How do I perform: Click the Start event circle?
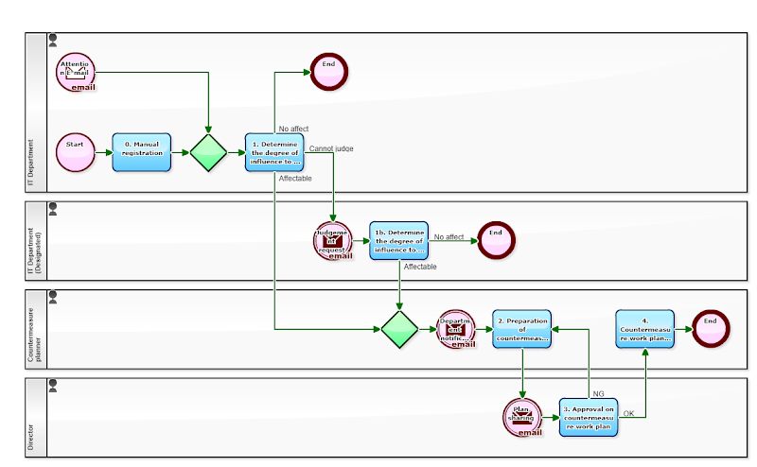(x=76, y=152)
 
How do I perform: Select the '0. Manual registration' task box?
(x=141, y=152)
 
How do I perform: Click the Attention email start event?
(x=76, y=72)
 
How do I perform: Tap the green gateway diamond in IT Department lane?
(x=208, y=152)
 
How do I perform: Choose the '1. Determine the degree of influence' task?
(x=274, y=152)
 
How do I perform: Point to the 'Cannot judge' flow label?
(x=331, y=148)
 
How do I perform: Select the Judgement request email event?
(x=333, y=240)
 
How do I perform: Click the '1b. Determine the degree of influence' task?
(x=398, y=240)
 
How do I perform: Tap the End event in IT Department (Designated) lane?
(x=496, y=240)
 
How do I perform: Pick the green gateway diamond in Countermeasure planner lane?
(x=399, y=329)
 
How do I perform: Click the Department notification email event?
(x=456, y=329)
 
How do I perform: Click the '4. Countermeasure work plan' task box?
(x=644, y=328)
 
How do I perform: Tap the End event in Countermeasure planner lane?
(x=711, y=328)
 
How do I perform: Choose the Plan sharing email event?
(x=522, y=417)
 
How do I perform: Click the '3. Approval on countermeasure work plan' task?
(x=589, y=417)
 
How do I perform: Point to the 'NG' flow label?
(x=598, y=393)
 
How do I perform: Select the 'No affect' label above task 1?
(x=293, y=129)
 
